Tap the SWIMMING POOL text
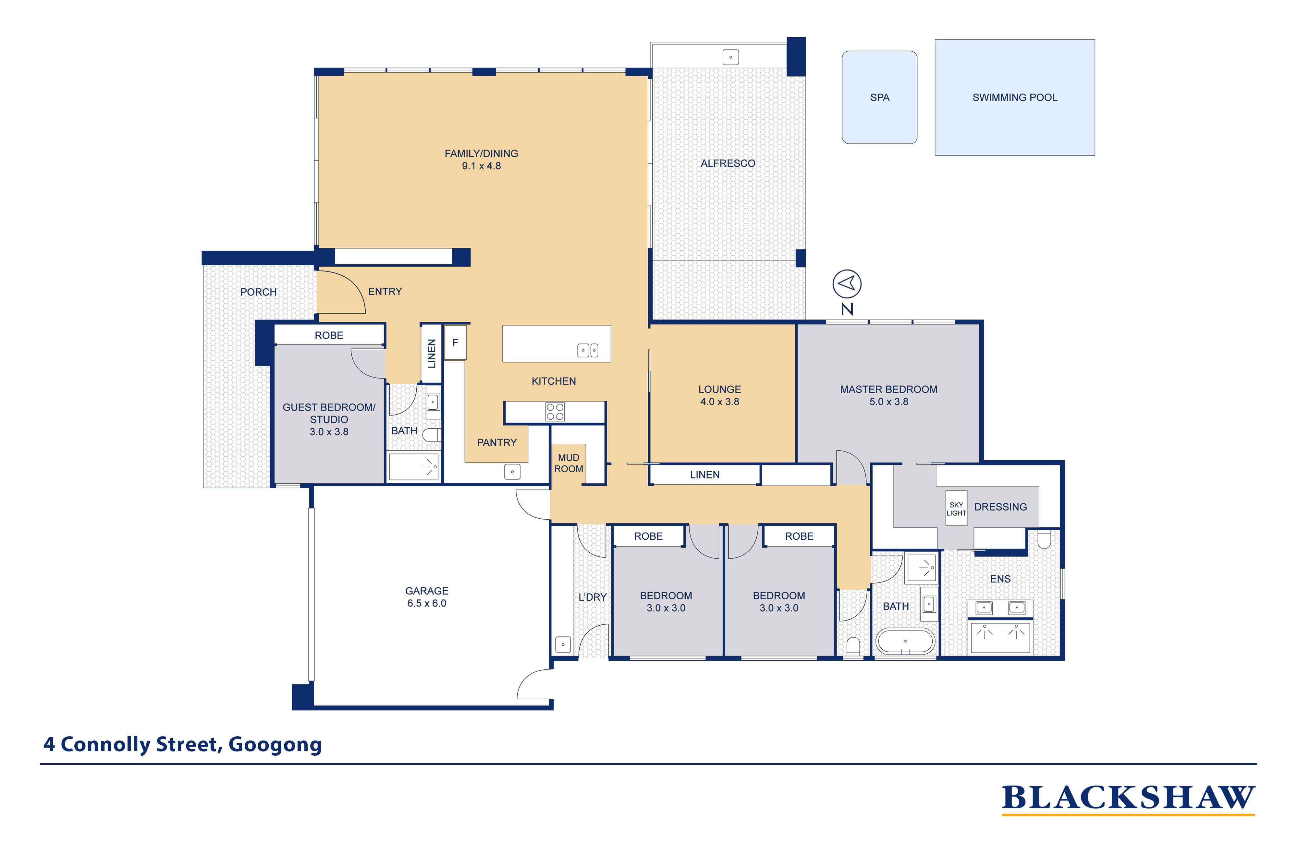pos(1014,98)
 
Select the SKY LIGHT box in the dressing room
pos(956,508)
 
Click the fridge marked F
pos(455,342)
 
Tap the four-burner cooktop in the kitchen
pos(555,412)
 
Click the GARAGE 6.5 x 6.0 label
pos(427,597)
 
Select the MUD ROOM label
pos(569,463)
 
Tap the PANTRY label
pos(497,442)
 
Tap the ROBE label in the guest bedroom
pos(329,335)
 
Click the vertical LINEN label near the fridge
pos(432,354)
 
